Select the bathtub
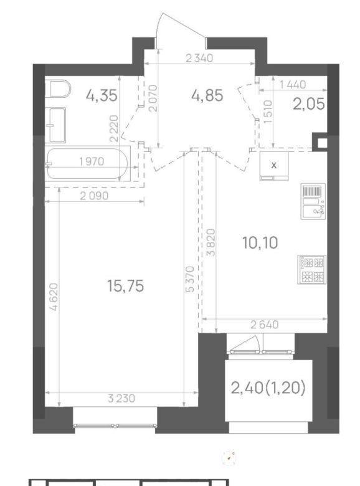tap(87, 164)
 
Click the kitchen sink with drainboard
tap(313, 201)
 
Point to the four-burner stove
tap(312, 269)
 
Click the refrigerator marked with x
tap(274, 166)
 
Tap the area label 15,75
tap(125, 286)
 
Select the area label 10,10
tap(260, 242)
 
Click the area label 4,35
tap(102, 95)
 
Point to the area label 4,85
tap(207, 95)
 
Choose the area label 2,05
tap(309, 104)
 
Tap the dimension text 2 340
tap(199, 58)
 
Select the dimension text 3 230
tap(121, 398)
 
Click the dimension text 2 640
tap(265, 325)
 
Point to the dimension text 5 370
tap(191, 279)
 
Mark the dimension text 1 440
tap(293, 84)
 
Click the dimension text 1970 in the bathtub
tap(92, 161)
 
